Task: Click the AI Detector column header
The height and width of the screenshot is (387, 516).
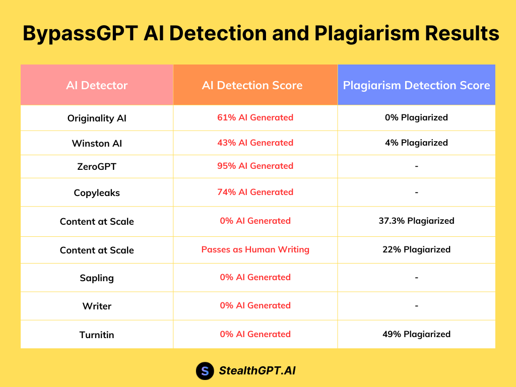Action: coord(97,85)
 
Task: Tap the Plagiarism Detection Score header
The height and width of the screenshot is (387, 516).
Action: coord(416,85)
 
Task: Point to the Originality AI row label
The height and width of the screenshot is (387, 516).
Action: coord(97,118)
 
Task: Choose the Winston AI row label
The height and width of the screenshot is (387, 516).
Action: coord(97,143)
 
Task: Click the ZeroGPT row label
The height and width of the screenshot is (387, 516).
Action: coord(97,166)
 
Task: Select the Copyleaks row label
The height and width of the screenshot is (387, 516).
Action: coord(97,192)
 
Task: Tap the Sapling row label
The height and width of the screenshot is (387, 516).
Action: coord(97,278)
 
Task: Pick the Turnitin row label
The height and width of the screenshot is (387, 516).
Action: coord(97,335)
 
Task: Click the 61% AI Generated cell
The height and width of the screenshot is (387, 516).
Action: coord(255,117)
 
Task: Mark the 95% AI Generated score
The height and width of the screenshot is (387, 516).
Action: coord(255,166)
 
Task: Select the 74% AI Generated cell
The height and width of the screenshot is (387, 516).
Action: coord(255,192)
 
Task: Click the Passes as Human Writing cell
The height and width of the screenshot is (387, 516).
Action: coord(255,249)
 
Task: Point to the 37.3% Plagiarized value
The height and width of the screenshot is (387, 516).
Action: coord(416,221)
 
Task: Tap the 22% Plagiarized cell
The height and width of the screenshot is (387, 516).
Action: coord(416,249)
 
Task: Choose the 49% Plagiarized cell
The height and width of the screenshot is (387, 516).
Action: coord(416,334)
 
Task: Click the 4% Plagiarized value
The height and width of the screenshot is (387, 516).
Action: coord(416,143)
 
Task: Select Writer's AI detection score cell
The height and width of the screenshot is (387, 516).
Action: coord(255,305)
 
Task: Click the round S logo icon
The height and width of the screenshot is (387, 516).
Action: coord(205,371)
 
